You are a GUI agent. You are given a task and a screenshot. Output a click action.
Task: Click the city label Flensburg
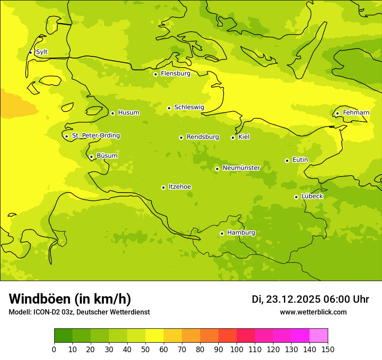pos(175,74)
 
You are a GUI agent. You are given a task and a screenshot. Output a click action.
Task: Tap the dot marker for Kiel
pos(233,137)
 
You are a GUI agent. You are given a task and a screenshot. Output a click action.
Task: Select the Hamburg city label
pos(241,233)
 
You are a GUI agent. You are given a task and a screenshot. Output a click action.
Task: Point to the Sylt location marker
pos(30,52)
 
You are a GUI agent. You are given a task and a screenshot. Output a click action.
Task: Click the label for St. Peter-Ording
pos(95,136)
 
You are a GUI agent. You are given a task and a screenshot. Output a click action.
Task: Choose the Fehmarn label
pos(356,113)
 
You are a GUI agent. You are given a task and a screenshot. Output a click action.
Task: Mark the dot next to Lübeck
pos(296,197)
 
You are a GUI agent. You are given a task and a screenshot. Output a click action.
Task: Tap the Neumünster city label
pos(241,168)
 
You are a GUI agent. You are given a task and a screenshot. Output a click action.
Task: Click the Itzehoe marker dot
pos(163,187)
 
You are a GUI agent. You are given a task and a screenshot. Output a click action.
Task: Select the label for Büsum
pos(107,156)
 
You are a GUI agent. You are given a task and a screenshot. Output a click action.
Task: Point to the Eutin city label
pos(300,160)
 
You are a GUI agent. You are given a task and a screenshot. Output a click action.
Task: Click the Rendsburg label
pos(203,137)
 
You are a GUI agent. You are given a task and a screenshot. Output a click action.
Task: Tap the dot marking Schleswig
pos(169,108)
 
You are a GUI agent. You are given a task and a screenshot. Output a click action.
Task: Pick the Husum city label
pos(128,113)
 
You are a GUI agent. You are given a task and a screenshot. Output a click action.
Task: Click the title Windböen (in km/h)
pos(70,299)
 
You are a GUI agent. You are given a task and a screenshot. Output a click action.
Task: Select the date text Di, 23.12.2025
pos(286,299)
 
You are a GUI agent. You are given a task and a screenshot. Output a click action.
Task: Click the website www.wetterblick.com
pos(313,312)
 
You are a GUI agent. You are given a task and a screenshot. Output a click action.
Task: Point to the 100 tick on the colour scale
pos(237,350)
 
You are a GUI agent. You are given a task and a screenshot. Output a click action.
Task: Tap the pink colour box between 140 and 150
pos(319,335)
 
